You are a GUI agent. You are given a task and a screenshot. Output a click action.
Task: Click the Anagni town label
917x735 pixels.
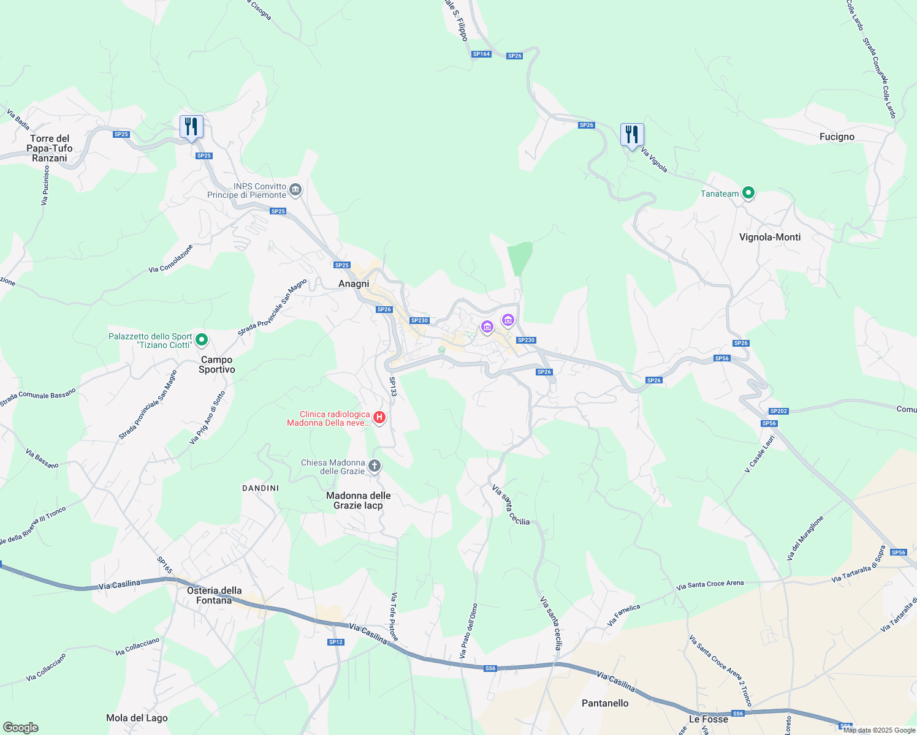[354, 284]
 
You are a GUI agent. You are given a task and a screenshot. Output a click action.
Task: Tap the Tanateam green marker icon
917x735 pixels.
[748, 193]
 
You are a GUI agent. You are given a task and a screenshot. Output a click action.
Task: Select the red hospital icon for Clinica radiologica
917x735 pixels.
[379, 418]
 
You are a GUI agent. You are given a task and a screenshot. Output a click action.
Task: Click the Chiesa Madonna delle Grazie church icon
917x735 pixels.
[374, 467]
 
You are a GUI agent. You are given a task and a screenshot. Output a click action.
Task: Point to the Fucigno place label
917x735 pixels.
[837, 137]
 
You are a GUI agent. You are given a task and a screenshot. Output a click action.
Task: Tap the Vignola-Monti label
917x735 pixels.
[770, 237]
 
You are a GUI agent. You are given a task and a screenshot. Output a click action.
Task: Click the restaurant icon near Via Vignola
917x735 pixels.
[632, 135]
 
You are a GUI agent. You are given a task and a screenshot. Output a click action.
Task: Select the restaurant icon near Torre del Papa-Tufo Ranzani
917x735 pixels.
[191, 127]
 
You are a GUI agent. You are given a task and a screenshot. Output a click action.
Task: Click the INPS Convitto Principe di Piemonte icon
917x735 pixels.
[295, 190]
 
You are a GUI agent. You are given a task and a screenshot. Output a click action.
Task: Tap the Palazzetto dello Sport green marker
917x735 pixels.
[202, 340]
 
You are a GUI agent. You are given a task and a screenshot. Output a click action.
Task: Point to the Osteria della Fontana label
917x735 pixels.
[214, 595]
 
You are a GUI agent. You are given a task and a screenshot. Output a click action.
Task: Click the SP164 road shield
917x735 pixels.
[481, 54]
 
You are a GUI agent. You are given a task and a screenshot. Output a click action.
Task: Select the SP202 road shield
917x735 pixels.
[778, 411]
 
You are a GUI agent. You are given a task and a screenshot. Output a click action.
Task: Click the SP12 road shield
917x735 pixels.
[335, 642]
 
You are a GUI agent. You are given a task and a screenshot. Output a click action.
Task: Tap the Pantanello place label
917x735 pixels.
[605, 703]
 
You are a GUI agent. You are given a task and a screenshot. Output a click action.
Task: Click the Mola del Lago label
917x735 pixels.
[137, 718]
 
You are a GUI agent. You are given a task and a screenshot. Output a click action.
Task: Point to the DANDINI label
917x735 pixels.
[261, 488]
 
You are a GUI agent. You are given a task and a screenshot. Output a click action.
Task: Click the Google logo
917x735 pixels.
[21, 728]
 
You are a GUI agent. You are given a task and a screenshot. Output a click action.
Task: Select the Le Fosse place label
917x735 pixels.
[709, 719]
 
